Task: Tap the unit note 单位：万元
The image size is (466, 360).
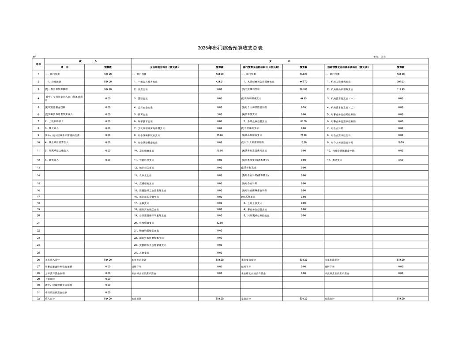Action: point(380,56)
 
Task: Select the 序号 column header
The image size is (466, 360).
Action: point(38,64)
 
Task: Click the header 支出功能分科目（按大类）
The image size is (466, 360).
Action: point(164,67)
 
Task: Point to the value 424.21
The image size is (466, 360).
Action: point(219,82)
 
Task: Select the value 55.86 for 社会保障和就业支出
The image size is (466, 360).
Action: point(219,135)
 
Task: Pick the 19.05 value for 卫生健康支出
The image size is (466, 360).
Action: point(219,150)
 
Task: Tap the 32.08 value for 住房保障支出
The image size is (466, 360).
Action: point(219,223)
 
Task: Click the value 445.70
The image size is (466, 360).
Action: point(303,82)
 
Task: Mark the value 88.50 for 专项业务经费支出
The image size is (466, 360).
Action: point(303,121)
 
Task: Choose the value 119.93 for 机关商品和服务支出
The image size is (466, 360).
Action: point(400,89)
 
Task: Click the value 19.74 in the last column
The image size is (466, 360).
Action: point(400,142)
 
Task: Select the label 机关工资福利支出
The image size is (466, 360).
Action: point(340,82)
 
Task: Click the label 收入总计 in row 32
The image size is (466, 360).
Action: point(51,299)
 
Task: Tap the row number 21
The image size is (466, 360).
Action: point(38,223)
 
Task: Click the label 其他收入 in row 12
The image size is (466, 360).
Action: point(52,160)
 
